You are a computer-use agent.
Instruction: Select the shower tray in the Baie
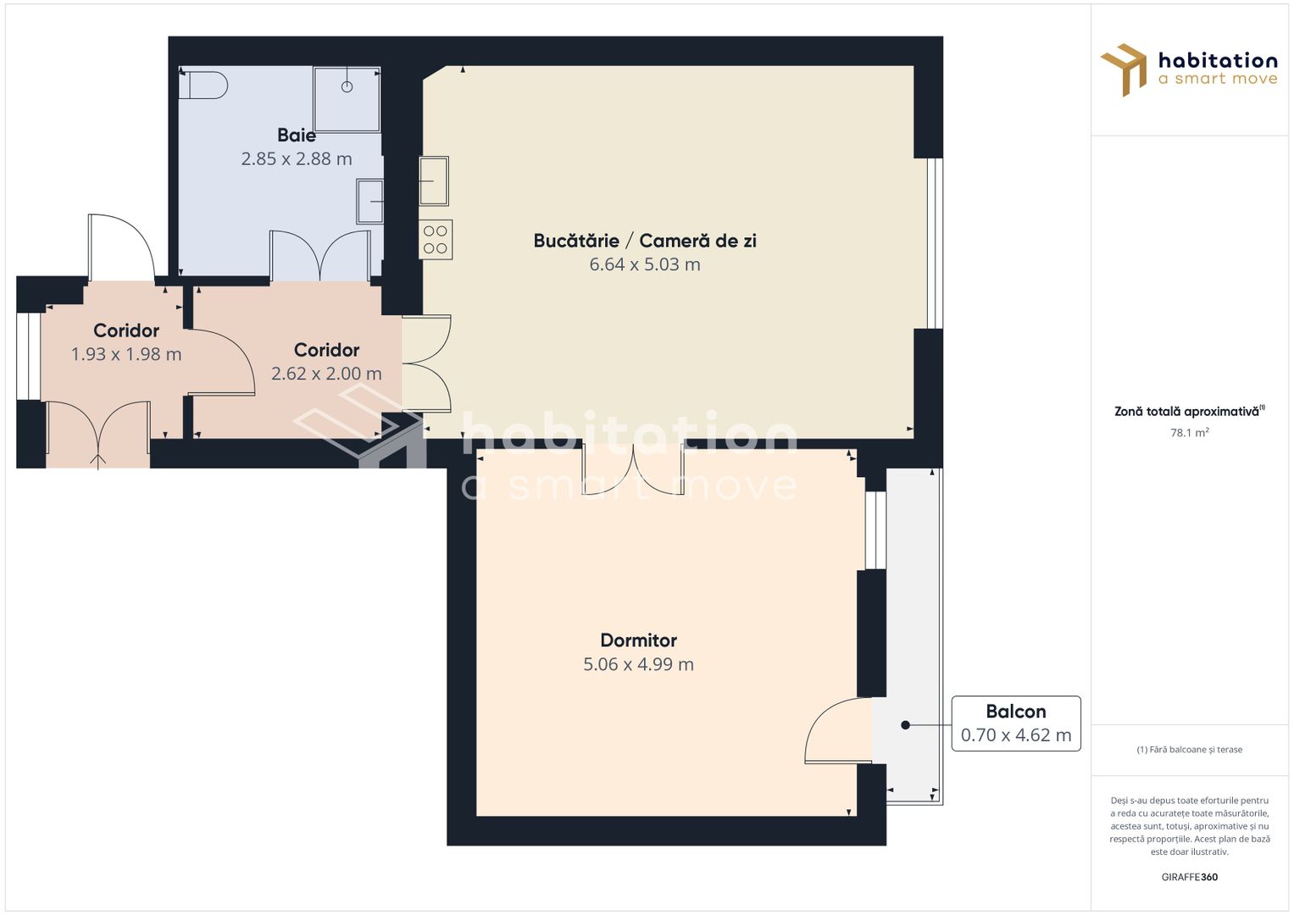tap(346, 99)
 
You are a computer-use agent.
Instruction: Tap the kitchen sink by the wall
tap(434, 180)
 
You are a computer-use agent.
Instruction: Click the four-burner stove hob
tap(436, 240)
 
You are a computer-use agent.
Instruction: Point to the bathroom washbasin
tap(370, 202)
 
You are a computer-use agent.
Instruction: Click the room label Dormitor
tap(638, 640)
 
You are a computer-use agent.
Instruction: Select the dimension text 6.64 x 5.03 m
tap(645, 264)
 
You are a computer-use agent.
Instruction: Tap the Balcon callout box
tap(1015, 724)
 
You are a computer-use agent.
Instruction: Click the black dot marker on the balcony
tap(905, 725)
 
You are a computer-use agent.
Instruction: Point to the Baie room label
tap(297, 136)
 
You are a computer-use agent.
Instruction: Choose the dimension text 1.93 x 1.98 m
tap(126, 354)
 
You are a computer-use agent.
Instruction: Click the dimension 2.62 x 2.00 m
tap(326, 374)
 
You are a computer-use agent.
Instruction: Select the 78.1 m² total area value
tap(1189, 432)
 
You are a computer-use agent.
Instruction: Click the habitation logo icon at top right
tap(1125, 69)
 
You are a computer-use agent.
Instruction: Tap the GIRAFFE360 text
tap(1189, 877)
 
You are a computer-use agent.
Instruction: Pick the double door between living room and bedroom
tap(633, 469)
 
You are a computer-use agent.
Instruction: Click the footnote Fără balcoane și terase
tap(1189, 750)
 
